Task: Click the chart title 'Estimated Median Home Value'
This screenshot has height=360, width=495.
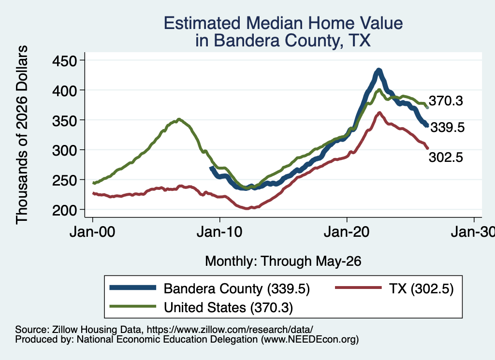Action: tap(283, 23)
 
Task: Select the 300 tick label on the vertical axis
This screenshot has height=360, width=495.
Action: tap(65, 150)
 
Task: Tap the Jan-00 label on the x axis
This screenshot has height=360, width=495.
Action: tap(92, 232)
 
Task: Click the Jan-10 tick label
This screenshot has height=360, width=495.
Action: tap(219, 232)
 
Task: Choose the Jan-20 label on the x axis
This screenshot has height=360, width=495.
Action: tap(347, 232)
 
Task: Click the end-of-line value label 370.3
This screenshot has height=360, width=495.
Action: tap(446, 101)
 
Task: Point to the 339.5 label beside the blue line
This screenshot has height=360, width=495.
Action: tap(447, 128)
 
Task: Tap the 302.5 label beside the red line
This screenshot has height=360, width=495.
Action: tap(446, 157)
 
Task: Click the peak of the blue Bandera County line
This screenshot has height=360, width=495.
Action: tap(379, 70)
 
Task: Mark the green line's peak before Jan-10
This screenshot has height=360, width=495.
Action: tap(179, 119)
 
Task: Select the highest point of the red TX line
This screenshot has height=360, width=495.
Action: tap(379, 112)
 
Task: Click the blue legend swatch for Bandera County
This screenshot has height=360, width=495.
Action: tap(132, 288)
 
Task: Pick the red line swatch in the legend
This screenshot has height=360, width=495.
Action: tap(358, 288)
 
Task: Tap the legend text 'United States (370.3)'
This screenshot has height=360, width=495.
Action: tap(228, 307)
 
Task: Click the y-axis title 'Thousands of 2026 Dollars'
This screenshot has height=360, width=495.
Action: tap(22, 135)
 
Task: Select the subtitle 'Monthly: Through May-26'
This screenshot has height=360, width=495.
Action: tap(283, 261)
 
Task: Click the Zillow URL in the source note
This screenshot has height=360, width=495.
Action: tap(230, 330)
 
